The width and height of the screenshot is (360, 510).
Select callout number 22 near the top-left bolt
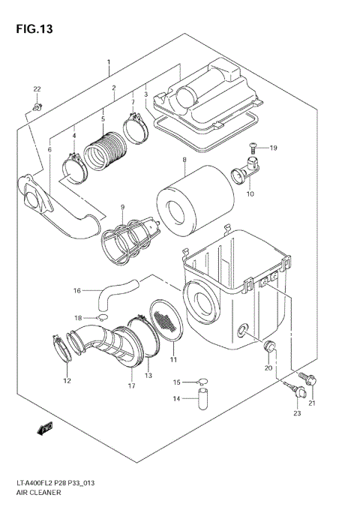[36, 90]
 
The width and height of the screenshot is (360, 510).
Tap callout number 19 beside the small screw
[273, 148]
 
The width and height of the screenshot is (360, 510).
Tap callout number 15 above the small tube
[178, 382]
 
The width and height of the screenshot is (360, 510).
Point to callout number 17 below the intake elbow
[131, 386]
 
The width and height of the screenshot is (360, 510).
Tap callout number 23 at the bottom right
[297, 413]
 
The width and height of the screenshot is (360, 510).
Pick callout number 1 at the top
[109, 61]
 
